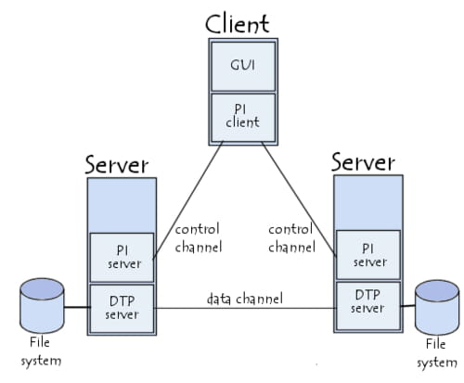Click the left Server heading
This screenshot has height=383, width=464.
pyautogui.click(x=116, y=164)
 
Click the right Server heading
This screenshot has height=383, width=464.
pyautogui.click(x=363, y=162)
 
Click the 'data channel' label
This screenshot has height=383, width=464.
pyautogui.click(x=244, y=298)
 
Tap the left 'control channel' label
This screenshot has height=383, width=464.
pyautogui.click(x=198, y=237)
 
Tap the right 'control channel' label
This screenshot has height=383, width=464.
pyautogui.click(x=290, y=237)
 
